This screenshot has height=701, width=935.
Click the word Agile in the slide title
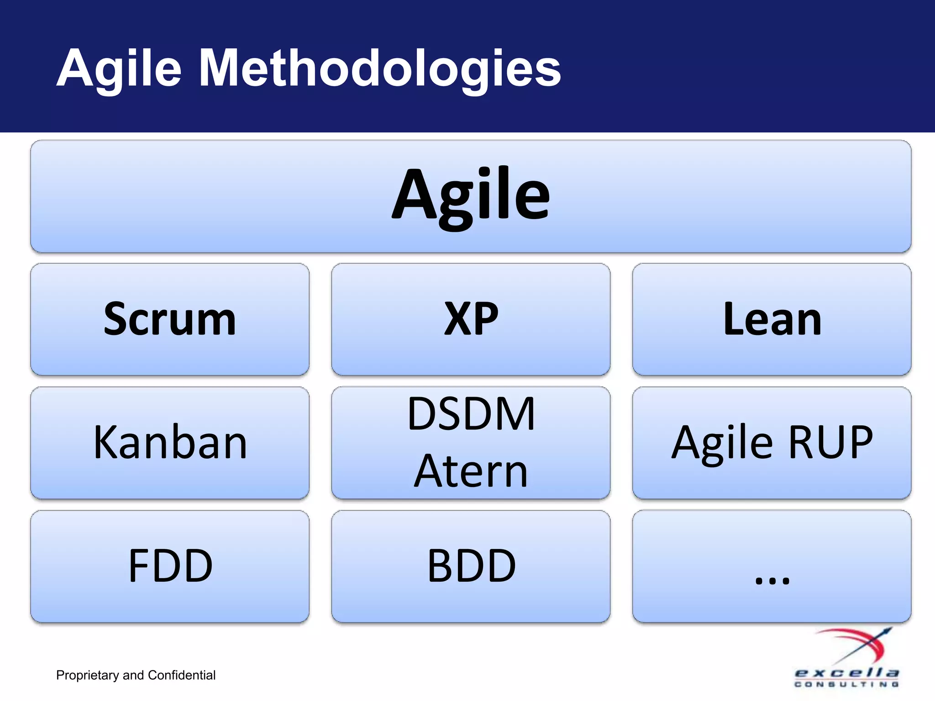(x=120, y=68)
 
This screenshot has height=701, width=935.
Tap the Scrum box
(x=170, y=319)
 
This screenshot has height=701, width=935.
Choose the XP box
(x=471, y=319)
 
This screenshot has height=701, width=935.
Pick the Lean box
(x=772, y=319)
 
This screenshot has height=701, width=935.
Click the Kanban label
(x=170, y=442)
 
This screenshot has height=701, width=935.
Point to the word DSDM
(x=471, y=414)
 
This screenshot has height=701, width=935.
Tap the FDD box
(x=170, y=566)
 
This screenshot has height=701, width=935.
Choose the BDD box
(x=471, y=566)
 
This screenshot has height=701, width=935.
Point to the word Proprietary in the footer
(x=87, y=675)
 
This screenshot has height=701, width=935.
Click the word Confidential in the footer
(x=181, y=675)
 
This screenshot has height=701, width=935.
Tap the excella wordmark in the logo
(x=846, y=673)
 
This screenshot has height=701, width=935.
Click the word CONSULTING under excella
(x=846, y=685)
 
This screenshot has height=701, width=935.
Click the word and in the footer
(x=133, y=675)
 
